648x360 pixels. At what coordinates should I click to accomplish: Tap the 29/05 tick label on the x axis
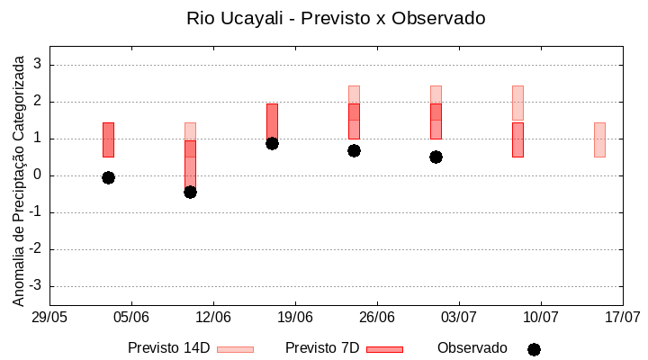tap(49, 318)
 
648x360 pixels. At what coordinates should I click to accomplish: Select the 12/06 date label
tap(213, 318)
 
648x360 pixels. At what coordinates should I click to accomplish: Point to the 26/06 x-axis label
tap(377, 318)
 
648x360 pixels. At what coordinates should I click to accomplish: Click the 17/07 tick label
tap(623, 318)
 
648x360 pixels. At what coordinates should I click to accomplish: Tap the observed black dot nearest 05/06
tap(108, 177)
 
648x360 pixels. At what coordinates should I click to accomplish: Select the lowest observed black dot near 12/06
tap(190, 192)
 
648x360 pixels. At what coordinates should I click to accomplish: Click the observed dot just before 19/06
tap(272, 143)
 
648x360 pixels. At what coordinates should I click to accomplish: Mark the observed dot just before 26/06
tap(354, 150)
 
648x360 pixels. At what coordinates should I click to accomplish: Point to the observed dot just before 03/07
tap(436, 157)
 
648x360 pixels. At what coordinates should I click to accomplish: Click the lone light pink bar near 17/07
tap(599, 139)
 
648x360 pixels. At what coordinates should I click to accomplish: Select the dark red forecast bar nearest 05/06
tap(108, 139)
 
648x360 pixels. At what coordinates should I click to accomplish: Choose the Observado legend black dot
tap(534, 349)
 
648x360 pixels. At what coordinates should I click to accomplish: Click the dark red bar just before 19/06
tap(272, 121)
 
